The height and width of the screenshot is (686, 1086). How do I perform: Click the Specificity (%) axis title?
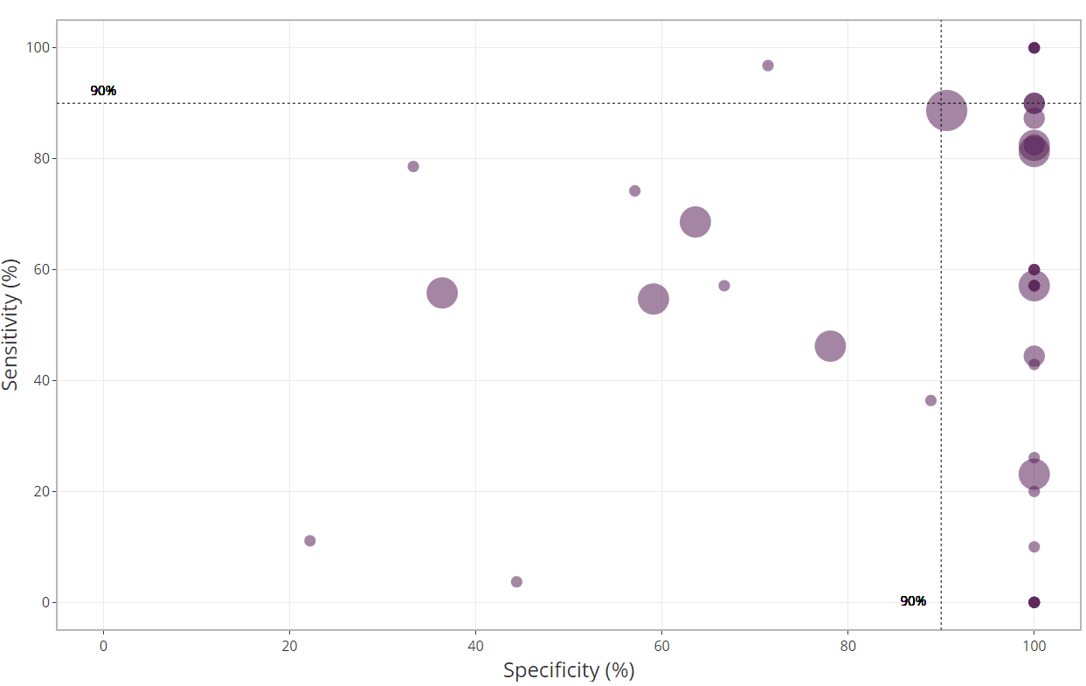point(569,670)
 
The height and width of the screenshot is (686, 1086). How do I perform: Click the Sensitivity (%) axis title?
point(11,324)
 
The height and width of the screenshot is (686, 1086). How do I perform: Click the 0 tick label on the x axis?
point(103,647)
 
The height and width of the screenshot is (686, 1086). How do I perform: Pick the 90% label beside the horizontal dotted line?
point(103,91)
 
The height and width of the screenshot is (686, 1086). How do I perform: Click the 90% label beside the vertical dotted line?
point(913,601)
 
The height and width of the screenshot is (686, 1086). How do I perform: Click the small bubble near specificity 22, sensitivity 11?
point(309,541)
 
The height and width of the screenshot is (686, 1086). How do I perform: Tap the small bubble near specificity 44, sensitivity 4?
point(516,582)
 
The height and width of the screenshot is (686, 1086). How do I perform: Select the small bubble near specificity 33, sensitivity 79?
point(413,166)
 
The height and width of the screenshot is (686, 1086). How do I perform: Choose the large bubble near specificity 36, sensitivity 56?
point(442,293)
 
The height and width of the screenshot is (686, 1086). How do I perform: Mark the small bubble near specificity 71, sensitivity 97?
point(768,66)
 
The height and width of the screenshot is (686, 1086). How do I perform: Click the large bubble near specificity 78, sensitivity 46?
point(830,346)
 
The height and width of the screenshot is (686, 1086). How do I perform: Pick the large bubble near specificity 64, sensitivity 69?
point(695,222)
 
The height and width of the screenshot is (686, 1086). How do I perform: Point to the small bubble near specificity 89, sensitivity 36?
point(930,400)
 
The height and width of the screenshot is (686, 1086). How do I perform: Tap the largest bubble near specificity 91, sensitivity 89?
point(946,110)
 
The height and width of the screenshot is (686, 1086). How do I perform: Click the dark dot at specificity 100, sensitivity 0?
point(1034,602)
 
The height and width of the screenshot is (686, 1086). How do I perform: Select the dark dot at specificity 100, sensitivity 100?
point(1034,47)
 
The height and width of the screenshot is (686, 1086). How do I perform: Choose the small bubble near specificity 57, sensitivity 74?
point(635,191)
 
